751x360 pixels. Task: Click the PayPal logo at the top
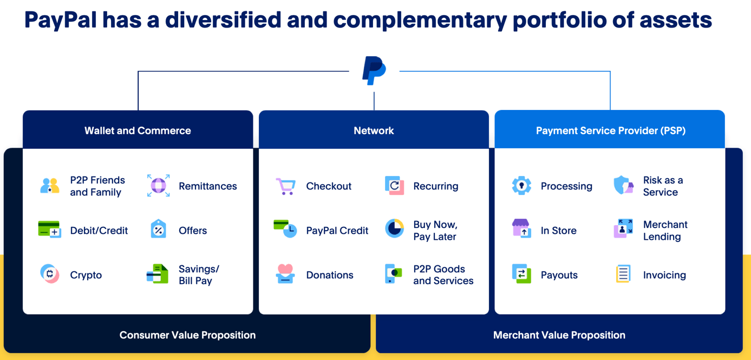coord(374,70)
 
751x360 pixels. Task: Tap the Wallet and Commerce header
coord(138,130)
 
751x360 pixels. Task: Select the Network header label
coord(374,130)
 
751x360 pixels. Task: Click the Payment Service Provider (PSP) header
coord(610,130)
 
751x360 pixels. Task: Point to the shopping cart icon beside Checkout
coord(285,186)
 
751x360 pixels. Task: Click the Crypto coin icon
coord(50,274)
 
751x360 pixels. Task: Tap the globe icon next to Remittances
coord(158,186)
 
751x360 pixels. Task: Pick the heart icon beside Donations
coord(285,273)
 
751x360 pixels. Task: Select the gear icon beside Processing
coord(521,186)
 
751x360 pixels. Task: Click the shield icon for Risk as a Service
coord(623,185)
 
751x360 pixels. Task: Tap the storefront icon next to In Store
coord(521,228)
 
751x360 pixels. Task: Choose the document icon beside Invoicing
coord(623,274)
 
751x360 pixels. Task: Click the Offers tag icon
coord(158,230)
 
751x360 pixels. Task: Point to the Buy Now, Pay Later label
coord(435,231)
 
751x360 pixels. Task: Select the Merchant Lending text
coord(665,231)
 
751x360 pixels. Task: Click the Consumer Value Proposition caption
coord(187,335)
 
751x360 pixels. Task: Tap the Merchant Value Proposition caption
coord(559,335)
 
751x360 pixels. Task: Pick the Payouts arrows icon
coord(521,274)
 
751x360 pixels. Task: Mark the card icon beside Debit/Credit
coord(49,230)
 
